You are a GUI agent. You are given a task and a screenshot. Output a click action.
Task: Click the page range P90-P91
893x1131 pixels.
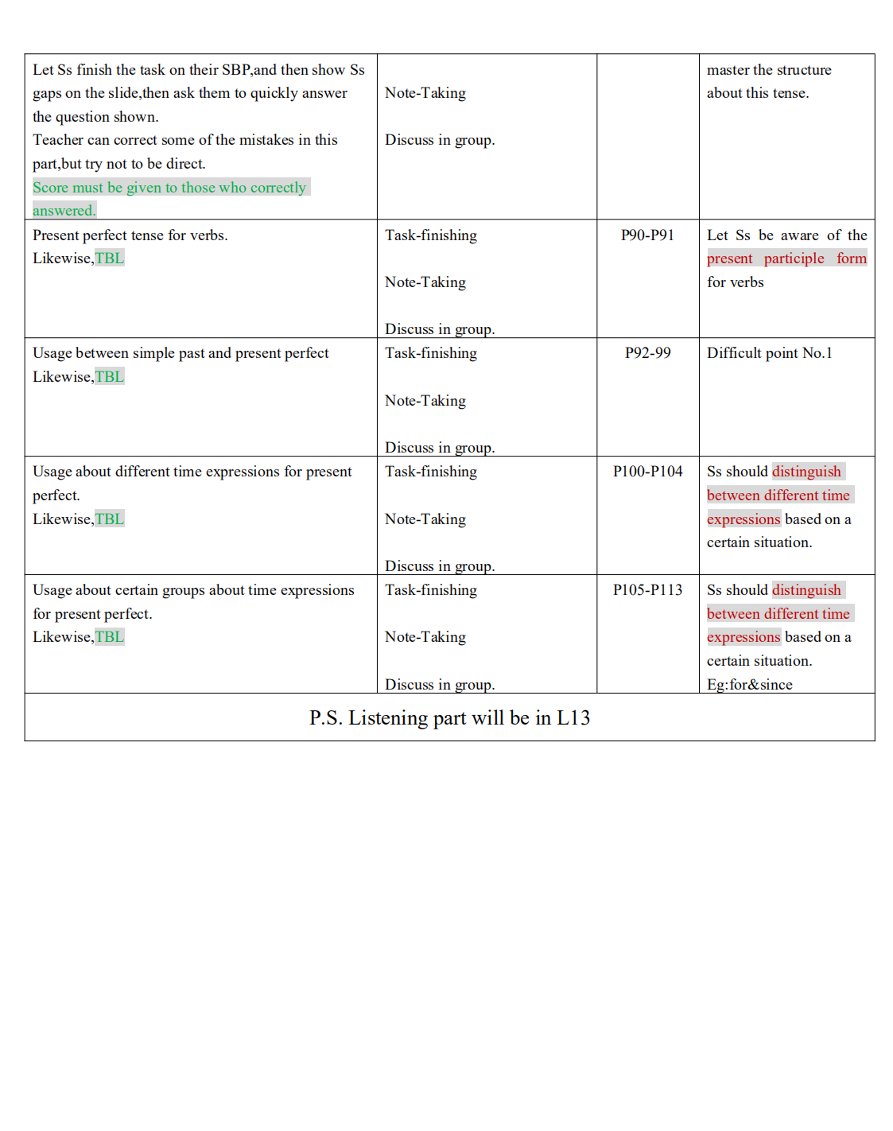(x=647, y=235)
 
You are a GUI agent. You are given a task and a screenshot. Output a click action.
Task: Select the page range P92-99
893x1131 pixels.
(x=647, y=353)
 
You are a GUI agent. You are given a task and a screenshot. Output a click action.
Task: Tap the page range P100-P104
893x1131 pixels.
(x=647, y=472)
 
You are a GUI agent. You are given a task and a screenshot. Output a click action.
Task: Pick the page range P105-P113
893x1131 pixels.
(x=647, y=590)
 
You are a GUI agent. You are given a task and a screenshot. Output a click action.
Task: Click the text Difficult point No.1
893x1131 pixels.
(x=769, y=353)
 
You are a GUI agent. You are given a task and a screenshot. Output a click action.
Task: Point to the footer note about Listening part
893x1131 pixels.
(x=449, y=718)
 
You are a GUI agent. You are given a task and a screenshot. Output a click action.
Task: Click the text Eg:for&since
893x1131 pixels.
(x=749, y=685)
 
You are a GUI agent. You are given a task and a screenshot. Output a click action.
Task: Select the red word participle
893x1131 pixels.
(x=794, y=258)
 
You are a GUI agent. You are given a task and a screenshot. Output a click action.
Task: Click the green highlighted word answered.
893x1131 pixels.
(x=64, y=211)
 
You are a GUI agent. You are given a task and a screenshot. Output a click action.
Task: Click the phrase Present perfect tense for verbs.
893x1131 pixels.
(x=130, y=235)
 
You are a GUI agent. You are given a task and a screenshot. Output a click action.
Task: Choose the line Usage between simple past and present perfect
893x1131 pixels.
(x=181, y=353)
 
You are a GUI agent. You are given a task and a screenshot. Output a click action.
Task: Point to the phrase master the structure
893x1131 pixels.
(x=769, y=70)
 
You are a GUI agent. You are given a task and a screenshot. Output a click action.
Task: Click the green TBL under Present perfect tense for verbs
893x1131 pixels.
(x=110, y=258)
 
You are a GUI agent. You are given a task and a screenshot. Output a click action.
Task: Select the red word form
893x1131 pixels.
(x=851, y=258)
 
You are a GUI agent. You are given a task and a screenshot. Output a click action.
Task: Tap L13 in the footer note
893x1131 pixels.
(x=573, y=718)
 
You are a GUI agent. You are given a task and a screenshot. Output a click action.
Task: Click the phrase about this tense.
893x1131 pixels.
(x=757, y=93)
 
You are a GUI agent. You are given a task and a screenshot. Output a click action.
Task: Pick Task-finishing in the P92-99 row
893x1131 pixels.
(x=431, y=353)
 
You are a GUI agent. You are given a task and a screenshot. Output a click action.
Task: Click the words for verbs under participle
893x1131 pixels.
(x=735, y=282)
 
